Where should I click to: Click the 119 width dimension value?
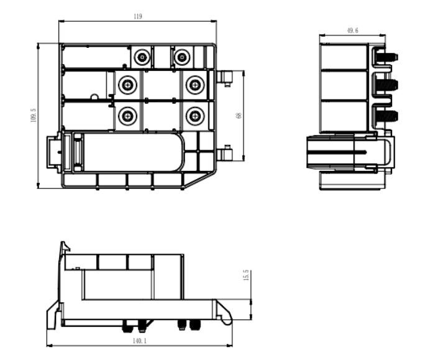[138, 17]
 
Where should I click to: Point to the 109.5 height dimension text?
[34, 116]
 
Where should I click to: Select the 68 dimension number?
[239, 116]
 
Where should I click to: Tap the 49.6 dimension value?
[352, 30]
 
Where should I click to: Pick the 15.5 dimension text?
[246, 275]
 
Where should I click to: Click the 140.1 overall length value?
[139, 341]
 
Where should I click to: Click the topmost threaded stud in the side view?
[387, 58]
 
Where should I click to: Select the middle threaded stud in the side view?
[387, 85]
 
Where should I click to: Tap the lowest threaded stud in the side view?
[387, 116]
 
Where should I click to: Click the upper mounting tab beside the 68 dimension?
[224, 78]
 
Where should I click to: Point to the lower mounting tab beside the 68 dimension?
[224, 153]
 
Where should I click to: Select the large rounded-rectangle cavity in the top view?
[134, 152]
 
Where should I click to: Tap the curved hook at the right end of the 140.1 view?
[224, 313]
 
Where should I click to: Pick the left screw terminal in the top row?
[142, 57]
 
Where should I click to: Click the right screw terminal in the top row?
[182, 57]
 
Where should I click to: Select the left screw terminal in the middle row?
[127, 85]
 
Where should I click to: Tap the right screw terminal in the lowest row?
[195, 116]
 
